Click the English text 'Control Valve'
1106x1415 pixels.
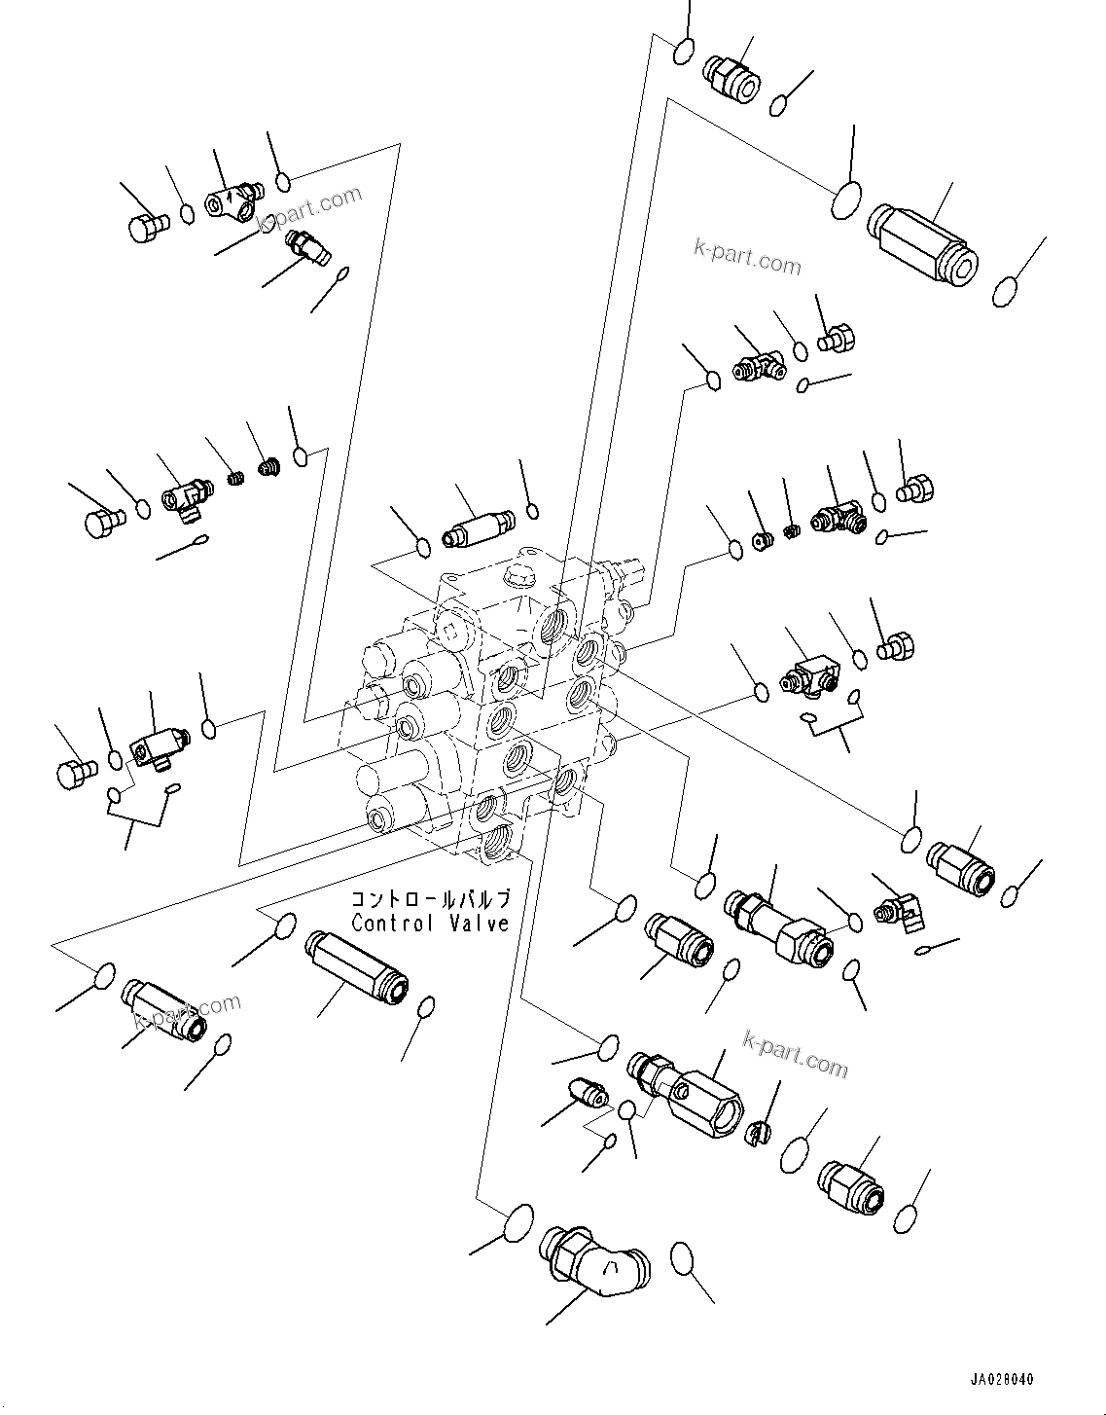430,923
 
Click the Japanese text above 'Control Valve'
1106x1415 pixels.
430,899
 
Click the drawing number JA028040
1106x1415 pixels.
1002,1380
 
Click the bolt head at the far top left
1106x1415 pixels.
147,226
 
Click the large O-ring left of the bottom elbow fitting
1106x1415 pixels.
519,1221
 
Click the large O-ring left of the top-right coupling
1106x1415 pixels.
846,200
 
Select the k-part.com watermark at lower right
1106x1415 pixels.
795,1054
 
